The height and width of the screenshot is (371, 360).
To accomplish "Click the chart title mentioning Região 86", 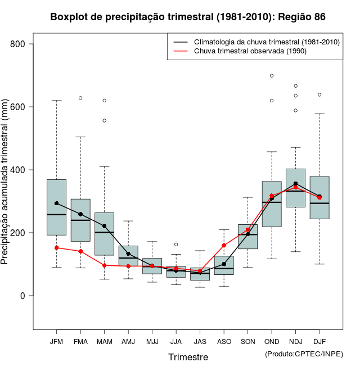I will click(x=188, y=17).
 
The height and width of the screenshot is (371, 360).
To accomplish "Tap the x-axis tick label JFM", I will click(x=56, y=341).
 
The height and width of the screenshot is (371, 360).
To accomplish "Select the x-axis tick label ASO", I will click(x=224, y=341).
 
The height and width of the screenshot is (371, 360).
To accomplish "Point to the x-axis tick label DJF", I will click(x=319, y=341).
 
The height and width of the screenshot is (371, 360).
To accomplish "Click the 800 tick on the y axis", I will click(x=25, y=44).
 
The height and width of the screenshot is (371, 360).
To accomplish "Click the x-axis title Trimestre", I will click(x=188, y=357).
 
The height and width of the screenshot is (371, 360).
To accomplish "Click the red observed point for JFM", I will click(x=57, y=248).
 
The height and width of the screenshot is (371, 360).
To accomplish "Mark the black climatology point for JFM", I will click(x=57, y=203).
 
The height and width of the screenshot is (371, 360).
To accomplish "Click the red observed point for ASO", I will click(x=224, y=246).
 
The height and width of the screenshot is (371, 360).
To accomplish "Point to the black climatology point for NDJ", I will click(x=295, y=184).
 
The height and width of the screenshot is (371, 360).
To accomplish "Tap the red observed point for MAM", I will click(x=105, y=265).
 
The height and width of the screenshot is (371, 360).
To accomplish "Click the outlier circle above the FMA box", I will click(x=80, y=98).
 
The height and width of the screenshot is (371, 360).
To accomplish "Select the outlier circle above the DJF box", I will click(x=319, y=94).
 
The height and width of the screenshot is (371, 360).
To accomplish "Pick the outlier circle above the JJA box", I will click(x=176, y=245).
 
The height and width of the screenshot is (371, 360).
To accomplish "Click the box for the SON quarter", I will click(x=247, y=237).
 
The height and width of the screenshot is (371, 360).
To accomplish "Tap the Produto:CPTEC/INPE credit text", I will click(x=304, y=354).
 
